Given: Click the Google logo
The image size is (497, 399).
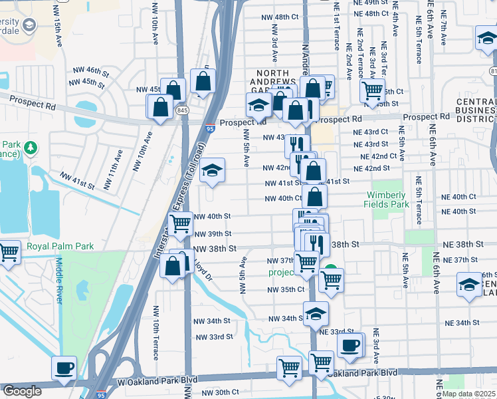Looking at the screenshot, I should (22, 391).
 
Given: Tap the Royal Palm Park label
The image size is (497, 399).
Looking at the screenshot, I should (60, 246).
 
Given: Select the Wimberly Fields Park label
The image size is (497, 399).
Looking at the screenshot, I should (386, 199).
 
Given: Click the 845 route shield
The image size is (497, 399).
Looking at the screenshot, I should (181, 109).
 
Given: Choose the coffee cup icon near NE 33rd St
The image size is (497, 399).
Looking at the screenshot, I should (350, 344).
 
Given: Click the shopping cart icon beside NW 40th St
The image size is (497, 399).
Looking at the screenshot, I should (181, 224).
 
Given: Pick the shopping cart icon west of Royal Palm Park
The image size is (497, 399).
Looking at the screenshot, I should (9, 252).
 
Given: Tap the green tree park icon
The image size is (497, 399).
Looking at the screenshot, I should (32, 146).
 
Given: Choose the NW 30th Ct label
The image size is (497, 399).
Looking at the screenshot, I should (213, 392).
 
